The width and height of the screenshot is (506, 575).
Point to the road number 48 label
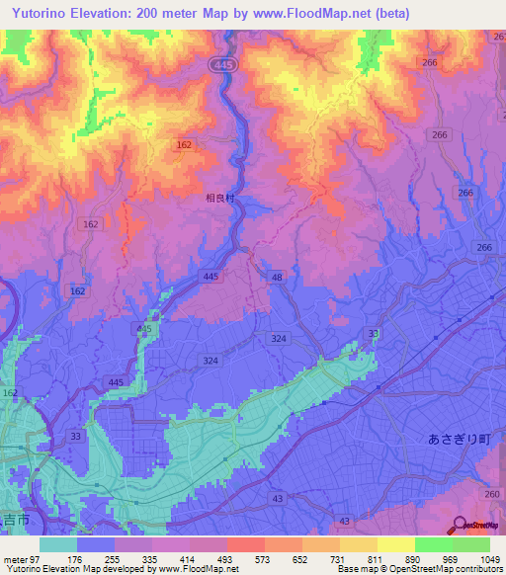(x=278, y=279)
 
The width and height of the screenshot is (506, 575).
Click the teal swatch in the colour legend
(x=57, y=544)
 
